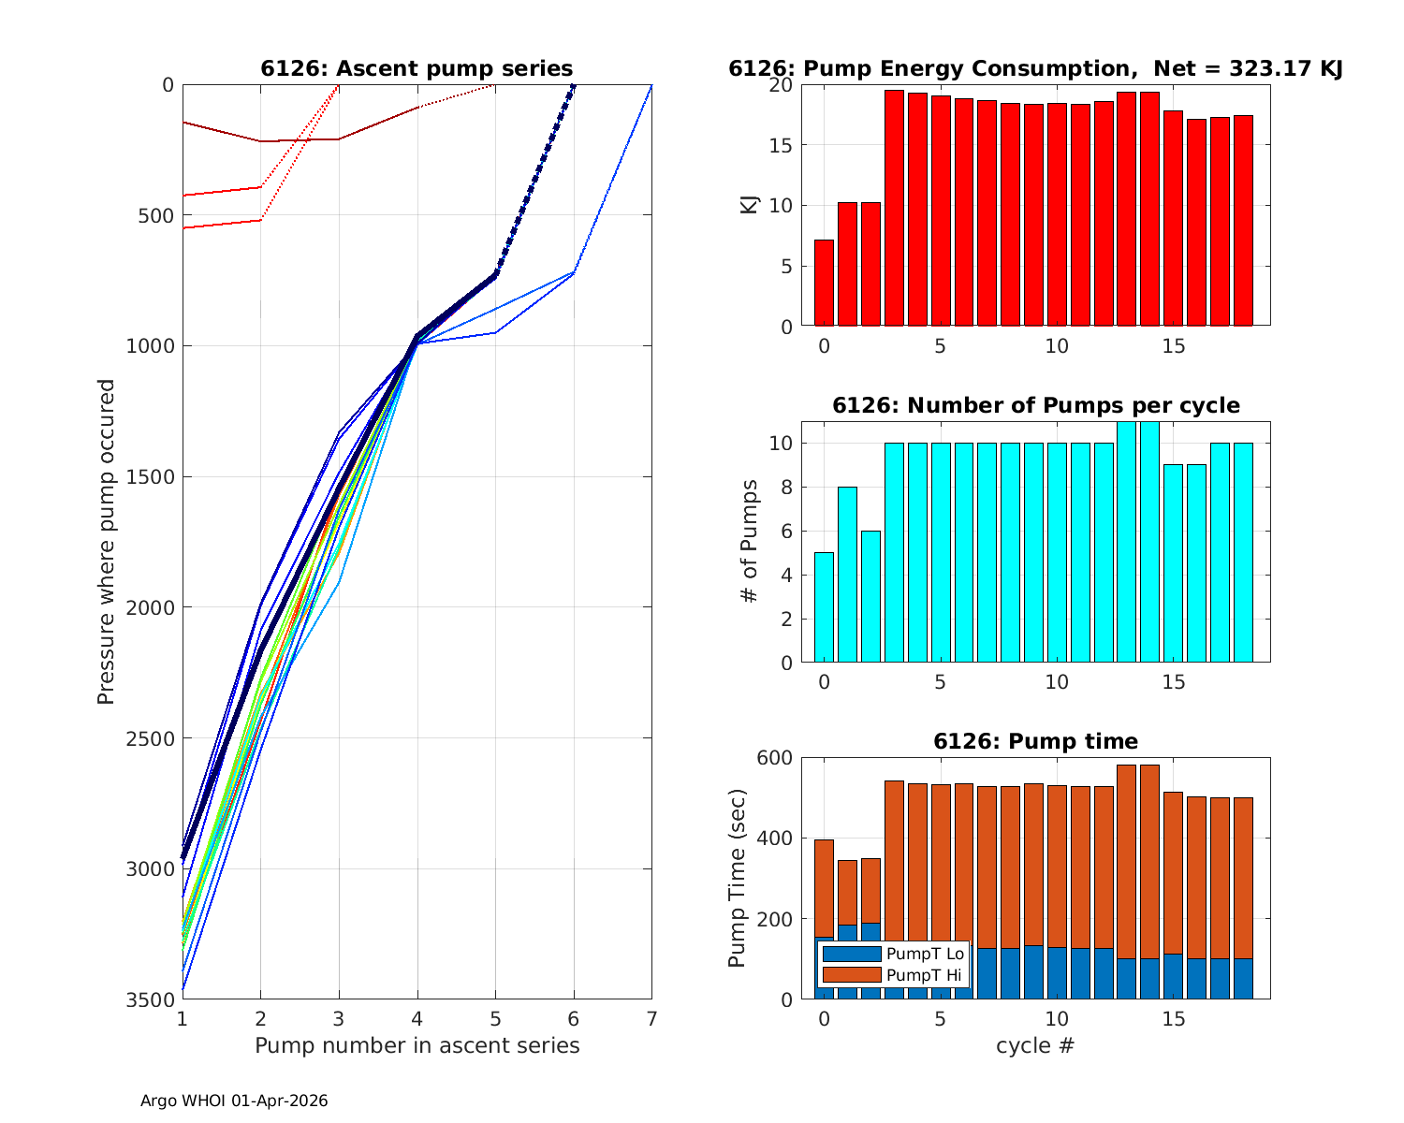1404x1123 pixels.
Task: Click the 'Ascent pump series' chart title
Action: pyautogui.click(x=417, y=68)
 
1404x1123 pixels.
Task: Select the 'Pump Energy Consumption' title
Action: pyautogui.click(x=1035, y=68)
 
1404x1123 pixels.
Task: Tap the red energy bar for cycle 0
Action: pyautogui.click(x=824, y=283)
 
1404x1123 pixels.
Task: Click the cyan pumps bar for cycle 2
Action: pyautogui.click(x=870, y=596)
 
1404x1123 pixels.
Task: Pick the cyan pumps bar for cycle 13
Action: pyautogui.click(x=1127, y=543)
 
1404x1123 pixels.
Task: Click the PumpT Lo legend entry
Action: pyautogui.click(x=893, y=955)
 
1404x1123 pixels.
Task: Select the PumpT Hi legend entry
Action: pyautogui.click(x=893, y=975)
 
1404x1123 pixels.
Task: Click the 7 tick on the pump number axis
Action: pyautogui.click(x=651, y=1018)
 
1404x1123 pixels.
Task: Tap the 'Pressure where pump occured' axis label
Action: pyautogui.click(x=106, y=541)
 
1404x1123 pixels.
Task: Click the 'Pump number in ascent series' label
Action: pyautogui.click(x=417, y=1045)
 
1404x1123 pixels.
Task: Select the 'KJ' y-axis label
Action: pyautogui.click(x=750, y=205)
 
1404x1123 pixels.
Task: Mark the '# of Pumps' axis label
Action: pyautogui.click(x=750, y=541)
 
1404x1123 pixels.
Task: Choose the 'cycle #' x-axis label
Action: pyautogui.click(x=1035, y=1045)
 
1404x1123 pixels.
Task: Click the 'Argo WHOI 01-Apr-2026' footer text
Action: pyautogui.click(x=234, y=1101)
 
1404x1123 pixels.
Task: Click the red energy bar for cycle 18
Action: pyautogui.click(x=1243, y=221)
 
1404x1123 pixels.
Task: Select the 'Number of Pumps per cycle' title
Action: pyautogui.click(x=1035, y=405)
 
